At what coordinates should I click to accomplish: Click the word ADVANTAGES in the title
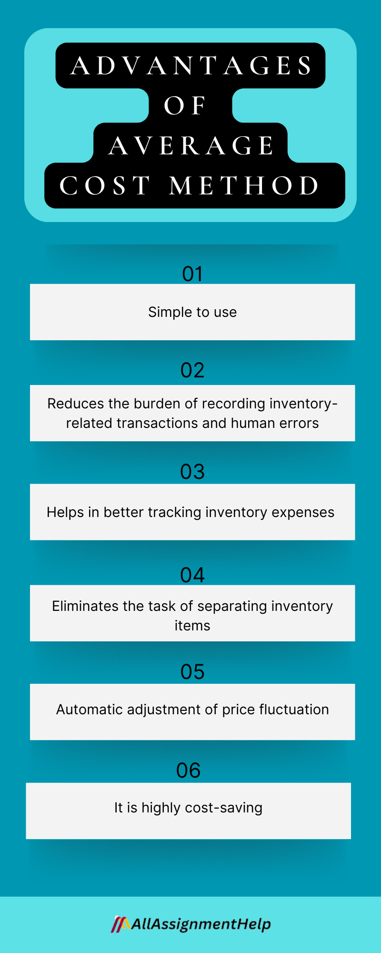191,66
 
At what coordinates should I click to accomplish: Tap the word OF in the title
185,106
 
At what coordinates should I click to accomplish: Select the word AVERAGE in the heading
191,146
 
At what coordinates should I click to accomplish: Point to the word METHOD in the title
244,186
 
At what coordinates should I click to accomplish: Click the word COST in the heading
105,186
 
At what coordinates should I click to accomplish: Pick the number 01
192,274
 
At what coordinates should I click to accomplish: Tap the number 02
192,370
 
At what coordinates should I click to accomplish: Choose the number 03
192,472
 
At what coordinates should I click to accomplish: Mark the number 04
192,575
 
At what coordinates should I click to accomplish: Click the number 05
192,672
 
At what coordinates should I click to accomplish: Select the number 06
189,771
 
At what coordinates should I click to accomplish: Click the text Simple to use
192,312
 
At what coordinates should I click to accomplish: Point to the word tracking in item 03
175,512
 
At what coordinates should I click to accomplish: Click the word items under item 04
192,626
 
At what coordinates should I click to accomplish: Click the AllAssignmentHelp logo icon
120,924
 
